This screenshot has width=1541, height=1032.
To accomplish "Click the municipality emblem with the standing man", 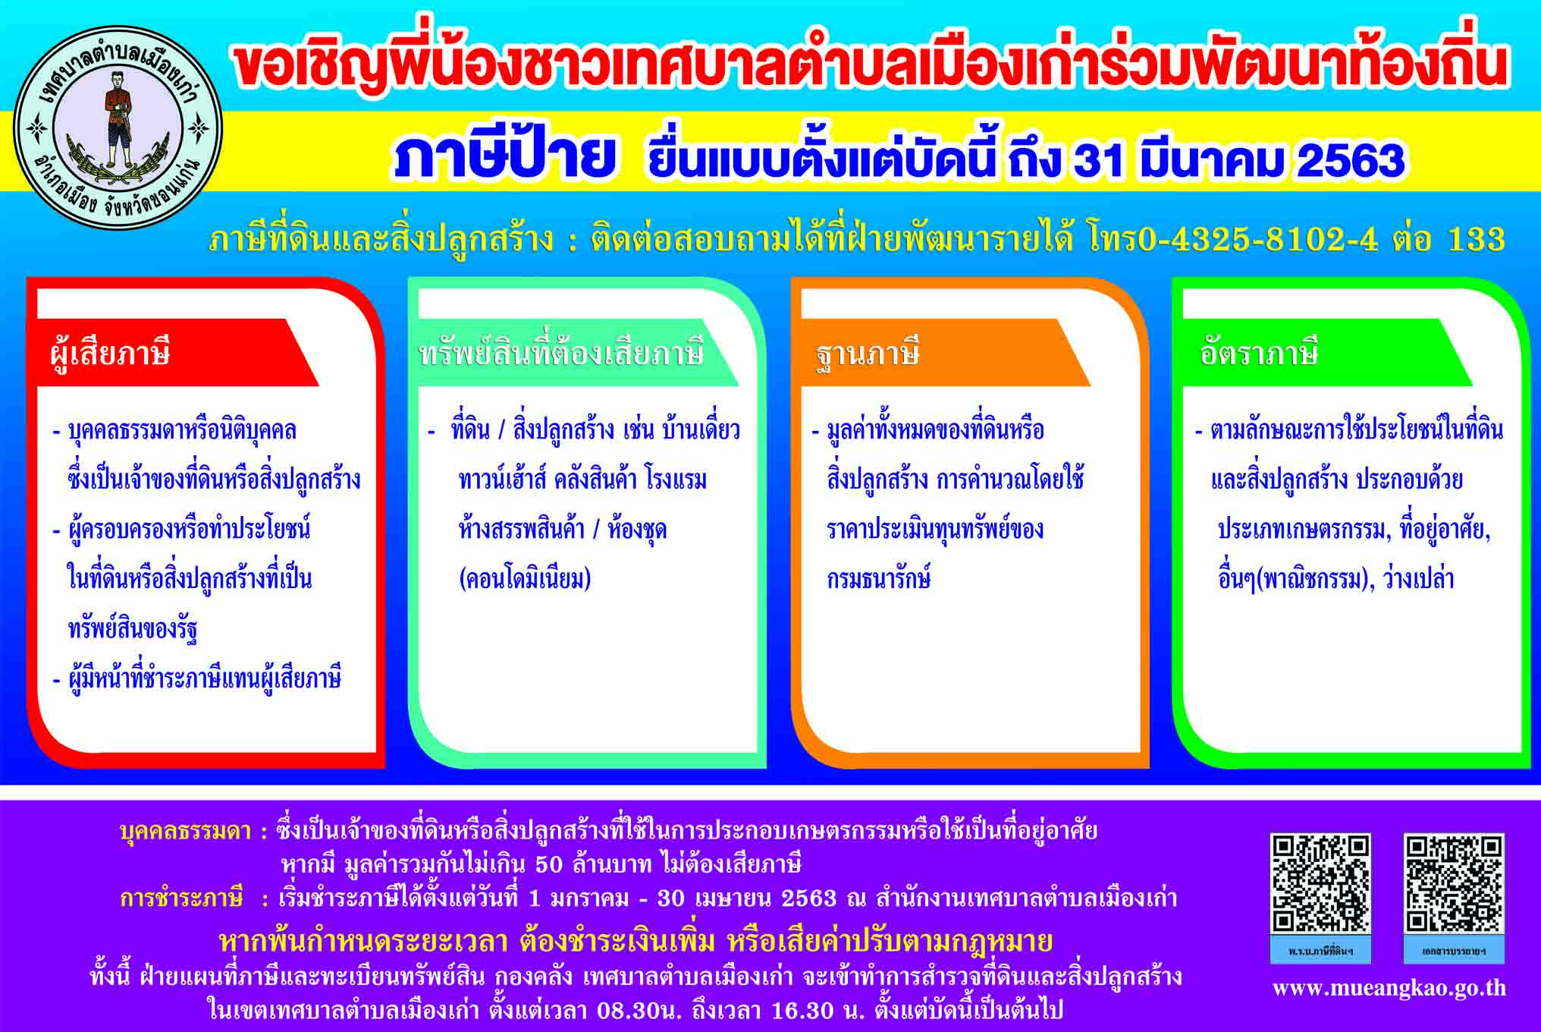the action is point(118,128).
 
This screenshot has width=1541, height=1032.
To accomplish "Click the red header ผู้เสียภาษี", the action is point(110,354).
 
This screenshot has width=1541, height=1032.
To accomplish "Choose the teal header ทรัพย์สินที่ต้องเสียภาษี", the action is point(562,354).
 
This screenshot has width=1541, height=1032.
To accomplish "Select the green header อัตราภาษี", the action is point(1259,353).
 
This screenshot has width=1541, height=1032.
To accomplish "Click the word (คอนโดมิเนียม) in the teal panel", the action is point(525,579).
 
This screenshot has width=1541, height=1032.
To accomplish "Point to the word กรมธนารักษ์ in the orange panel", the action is point(878,578).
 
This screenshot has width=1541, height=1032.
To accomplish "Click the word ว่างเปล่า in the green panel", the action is point(1419,579).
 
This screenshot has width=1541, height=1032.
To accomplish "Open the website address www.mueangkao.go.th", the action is point(1389,988).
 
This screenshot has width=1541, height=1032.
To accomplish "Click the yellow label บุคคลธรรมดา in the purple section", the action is point(186,832).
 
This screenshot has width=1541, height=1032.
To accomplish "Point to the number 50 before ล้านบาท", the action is point(550,865).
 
